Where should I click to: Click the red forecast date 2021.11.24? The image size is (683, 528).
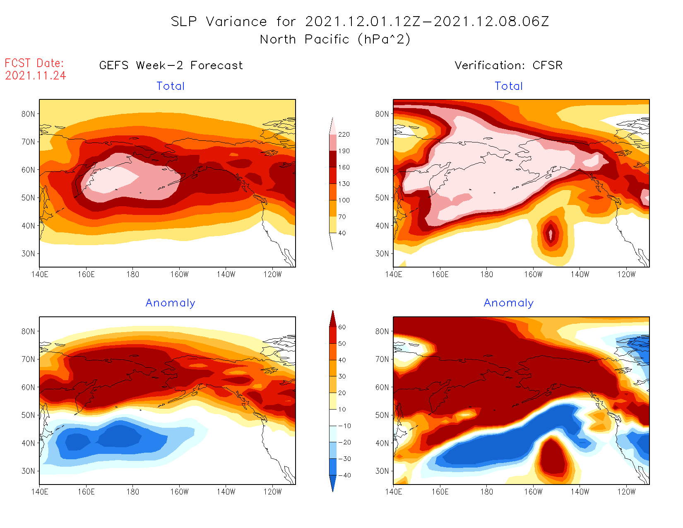[36, 75]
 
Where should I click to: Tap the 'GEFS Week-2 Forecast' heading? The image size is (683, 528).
[171, 65]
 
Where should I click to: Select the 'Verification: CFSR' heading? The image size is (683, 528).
[508, 65]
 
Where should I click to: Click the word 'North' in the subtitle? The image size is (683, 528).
[278, 39]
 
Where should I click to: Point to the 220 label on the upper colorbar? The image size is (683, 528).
[344, 135]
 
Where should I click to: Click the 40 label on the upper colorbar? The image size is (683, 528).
[342, 233]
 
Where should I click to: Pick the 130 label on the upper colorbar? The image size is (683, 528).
[344, 184]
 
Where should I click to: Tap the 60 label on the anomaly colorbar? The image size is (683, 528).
[342, 327]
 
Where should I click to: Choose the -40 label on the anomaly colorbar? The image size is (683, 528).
[344, 475]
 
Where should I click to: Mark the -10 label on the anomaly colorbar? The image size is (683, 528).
[344, 426]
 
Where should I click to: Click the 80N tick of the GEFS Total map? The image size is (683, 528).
[28, 114]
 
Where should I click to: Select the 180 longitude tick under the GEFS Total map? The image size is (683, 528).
[132, 275]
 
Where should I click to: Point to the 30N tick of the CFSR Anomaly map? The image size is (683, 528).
[382, 471]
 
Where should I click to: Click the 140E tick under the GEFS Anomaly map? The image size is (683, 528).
[40, 492]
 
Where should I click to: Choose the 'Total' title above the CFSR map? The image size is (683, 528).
[509, 86]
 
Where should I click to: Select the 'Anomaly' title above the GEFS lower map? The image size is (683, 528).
[170, 303]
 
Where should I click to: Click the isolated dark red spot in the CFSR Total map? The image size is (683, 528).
[551, 234]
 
